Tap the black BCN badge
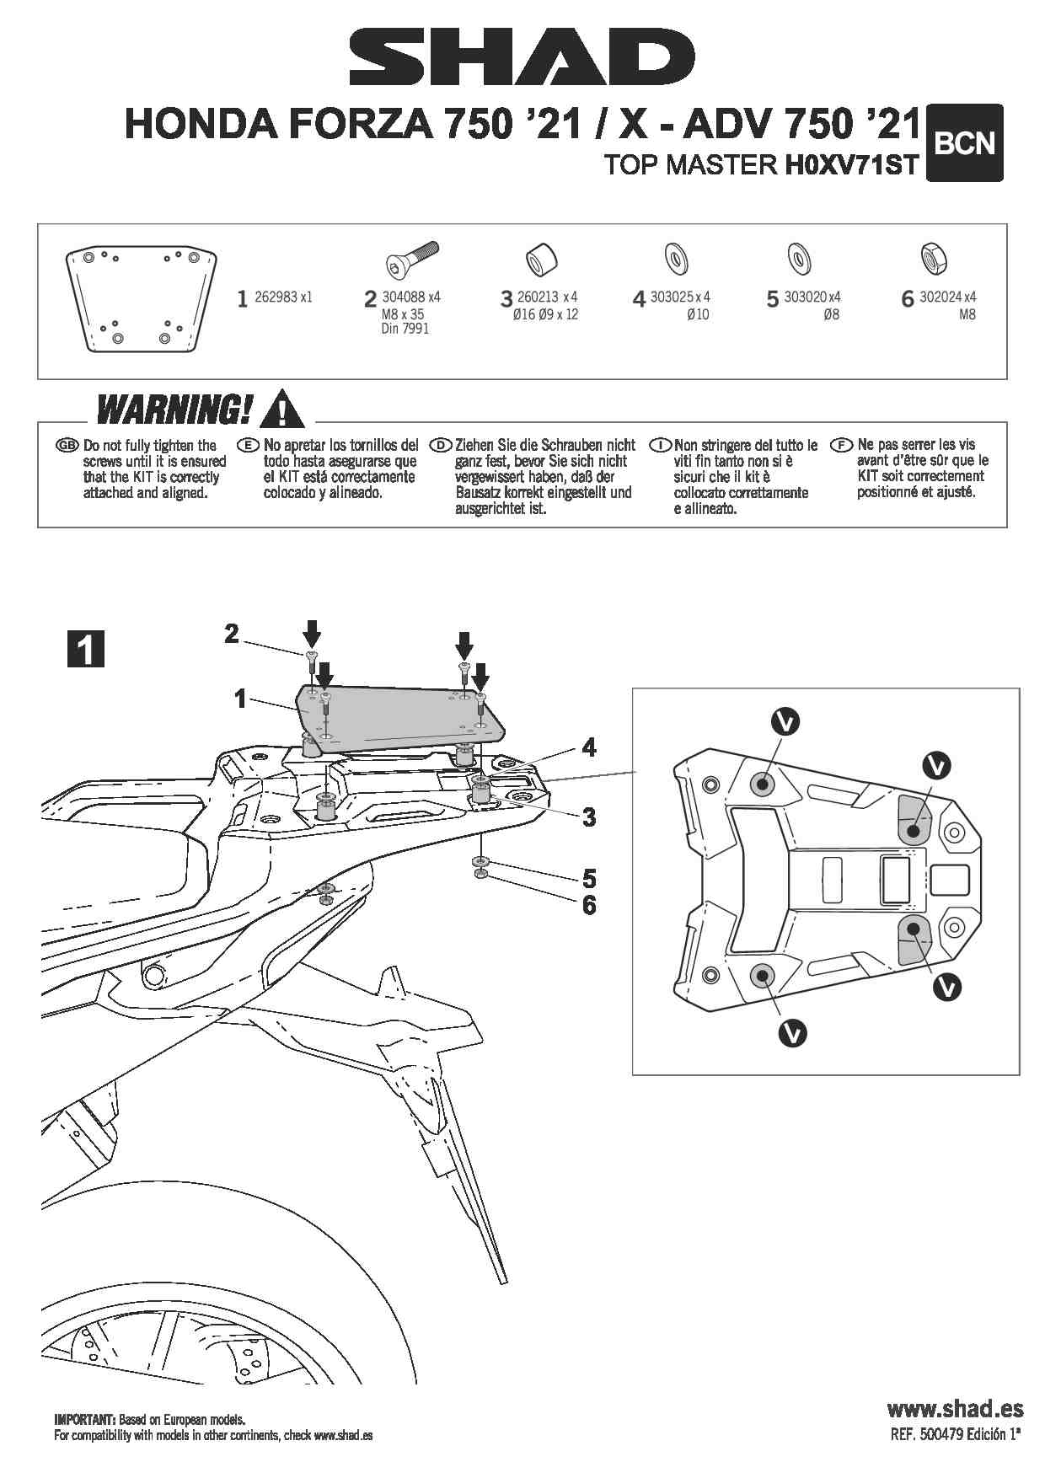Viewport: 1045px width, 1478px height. pos(964,143)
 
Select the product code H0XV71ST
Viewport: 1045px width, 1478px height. pos(851,164)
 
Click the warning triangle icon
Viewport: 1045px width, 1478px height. pos(283,409)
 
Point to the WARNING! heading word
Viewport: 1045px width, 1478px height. pos(174,410)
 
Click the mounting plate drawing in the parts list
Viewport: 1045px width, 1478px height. pos(142,298)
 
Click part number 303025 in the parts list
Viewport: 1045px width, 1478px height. pos(670,297)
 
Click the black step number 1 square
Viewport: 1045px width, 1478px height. pos(85,649)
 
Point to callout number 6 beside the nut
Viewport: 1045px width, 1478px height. pos(588,905)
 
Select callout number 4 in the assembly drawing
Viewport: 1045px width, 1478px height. pos(588,747)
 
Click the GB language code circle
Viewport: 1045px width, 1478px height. pos(67,445)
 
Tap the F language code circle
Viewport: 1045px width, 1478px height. pos(840,444)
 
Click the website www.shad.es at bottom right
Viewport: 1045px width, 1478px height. pos(955,1409)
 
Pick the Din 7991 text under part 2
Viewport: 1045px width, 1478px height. pos(405,329)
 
